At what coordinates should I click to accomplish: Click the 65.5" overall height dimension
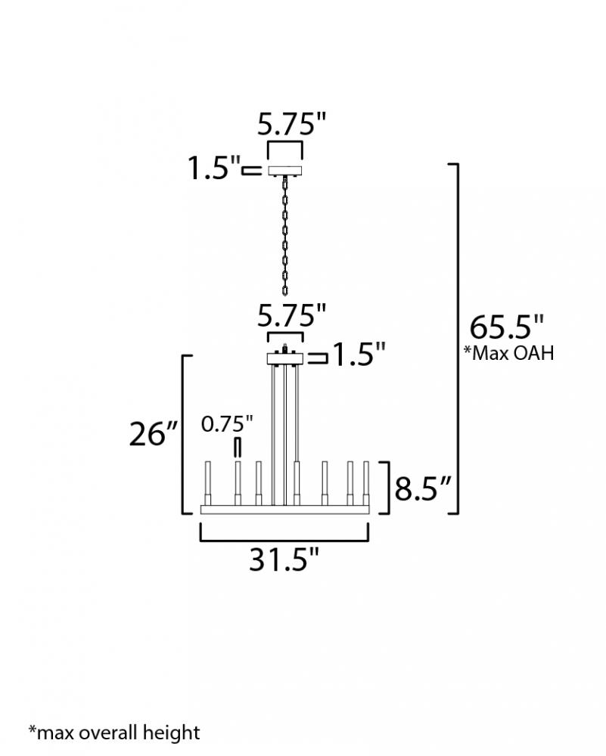point(507,327)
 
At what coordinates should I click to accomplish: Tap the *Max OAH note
point(508,353)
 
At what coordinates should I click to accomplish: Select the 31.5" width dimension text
point(284,559)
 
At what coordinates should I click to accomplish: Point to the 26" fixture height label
point(154,433)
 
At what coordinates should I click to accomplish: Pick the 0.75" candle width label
point(227,424)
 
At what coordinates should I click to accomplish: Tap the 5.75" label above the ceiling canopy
point(292,123)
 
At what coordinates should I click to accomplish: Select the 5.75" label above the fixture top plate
point(292,316)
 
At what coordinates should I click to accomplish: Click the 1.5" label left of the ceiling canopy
point(214,168)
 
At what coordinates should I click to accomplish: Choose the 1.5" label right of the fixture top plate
point(359,355)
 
